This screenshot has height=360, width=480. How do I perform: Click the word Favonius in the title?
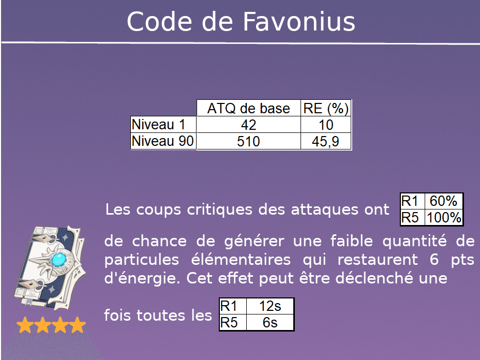click(299, 22)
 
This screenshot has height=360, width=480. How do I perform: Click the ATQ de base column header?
click(248, 109)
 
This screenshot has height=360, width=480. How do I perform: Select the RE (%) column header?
click(326, 109)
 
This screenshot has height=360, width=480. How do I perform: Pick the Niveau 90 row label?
click(163, 141)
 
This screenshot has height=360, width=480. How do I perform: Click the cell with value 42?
click(248, 125)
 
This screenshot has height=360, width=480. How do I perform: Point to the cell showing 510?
click(248, 142)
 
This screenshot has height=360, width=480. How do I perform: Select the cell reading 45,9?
click(326, 142)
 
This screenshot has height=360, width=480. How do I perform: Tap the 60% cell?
click(444, 201)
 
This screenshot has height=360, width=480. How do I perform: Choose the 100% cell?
click(444, 218)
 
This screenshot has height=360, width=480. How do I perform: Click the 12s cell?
click(270, 306)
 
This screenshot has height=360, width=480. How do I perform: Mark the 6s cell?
click(270, 323)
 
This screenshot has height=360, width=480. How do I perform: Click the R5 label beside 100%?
click(412, 218)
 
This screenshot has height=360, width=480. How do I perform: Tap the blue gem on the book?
click(63, 257)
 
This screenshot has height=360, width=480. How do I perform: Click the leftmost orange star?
click(24, 325)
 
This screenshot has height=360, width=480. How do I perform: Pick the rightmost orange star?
click(77, 325)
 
